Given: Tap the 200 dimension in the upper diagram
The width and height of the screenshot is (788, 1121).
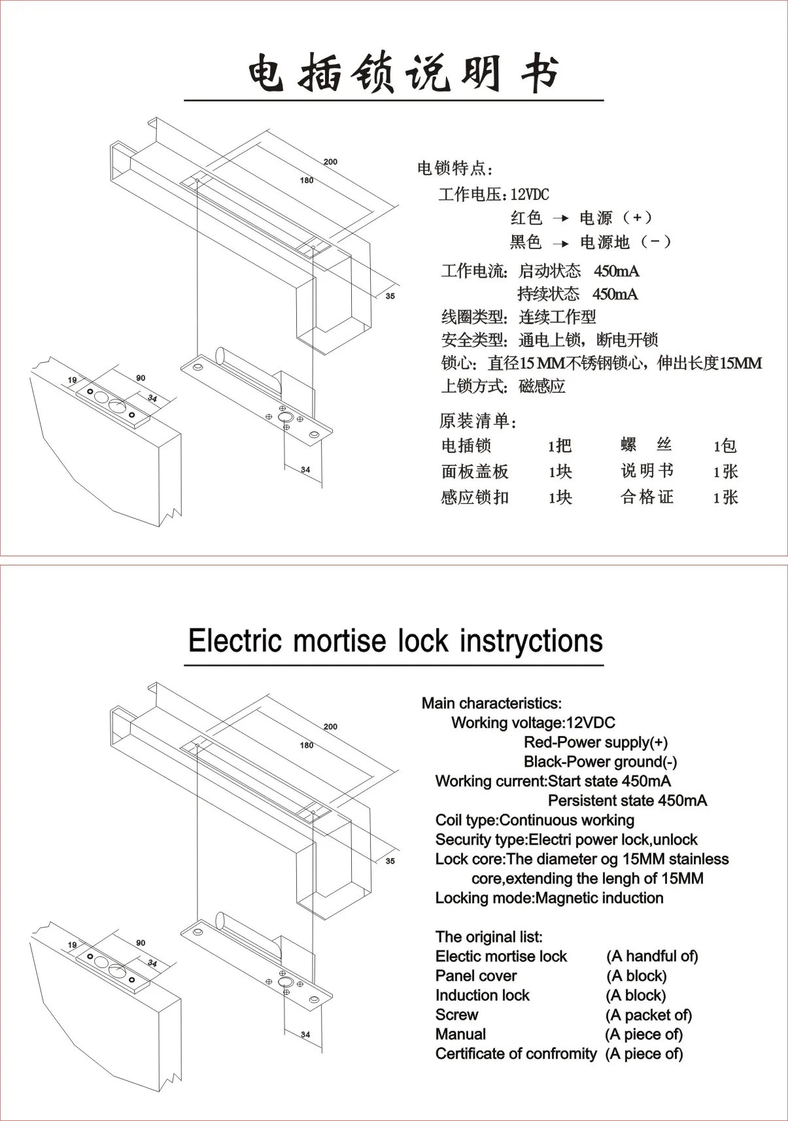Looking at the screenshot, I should point(330,161).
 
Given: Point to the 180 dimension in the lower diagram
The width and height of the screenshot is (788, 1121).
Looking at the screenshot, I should point(306,745).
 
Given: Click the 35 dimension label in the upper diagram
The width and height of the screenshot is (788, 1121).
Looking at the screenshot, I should point(390,296).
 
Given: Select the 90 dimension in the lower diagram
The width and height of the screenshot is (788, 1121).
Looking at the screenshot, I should point(141,943).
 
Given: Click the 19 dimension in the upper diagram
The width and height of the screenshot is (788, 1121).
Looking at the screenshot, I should point(72,380).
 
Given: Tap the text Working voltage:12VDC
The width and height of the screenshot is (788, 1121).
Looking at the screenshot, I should point(533,723).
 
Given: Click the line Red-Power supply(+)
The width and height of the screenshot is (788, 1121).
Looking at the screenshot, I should point(595,743).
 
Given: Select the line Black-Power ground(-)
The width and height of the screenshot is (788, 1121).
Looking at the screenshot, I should point(600,762).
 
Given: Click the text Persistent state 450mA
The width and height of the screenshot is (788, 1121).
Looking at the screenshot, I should point(626,801).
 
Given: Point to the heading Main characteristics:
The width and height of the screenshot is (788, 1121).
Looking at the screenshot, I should point(491,703).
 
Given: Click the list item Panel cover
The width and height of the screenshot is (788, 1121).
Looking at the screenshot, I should point(476,976).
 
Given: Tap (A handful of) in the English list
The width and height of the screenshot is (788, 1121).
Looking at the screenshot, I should point(652,956).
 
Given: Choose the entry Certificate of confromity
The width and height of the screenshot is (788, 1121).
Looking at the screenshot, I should point(515,1054).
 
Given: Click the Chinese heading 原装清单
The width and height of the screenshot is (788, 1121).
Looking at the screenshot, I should point(477,420).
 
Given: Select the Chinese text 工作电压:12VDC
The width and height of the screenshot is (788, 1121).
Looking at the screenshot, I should point(494,194).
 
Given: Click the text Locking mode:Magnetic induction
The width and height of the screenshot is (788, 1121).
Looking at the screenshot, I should point(549,898).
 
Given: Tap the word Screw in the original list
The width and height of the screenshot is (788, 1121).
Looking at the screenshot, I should point(456,1015).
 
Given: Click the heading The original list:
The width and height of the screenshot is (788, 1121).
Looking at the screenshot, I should point(488,937).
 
